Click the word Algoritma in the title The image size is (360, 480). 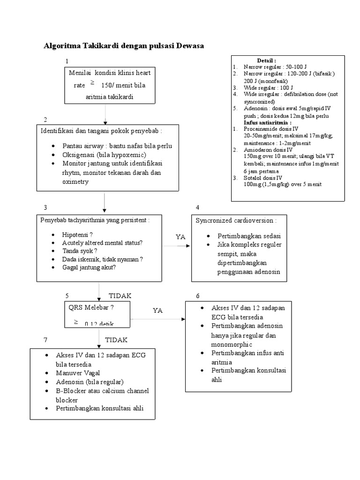point(62,46)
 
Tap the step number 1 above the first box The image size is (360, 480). point(67,61)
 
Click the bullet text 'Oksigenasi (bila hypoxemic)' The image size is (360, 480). point(105,155)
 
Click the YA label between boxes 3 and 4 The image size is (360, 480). point(181,237)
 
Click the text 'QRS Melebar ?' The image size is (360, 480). point(92,307)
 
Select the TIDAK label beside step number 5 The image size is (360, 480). point(120,296)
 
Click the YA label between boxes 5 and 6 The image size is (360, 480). point(158,310)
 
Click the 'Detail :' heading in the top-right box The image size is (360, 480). point(266,60)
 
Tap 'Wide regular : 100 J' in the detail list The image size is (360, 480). point(268,87)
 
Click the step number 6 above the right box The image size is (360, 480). point(198,296)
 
